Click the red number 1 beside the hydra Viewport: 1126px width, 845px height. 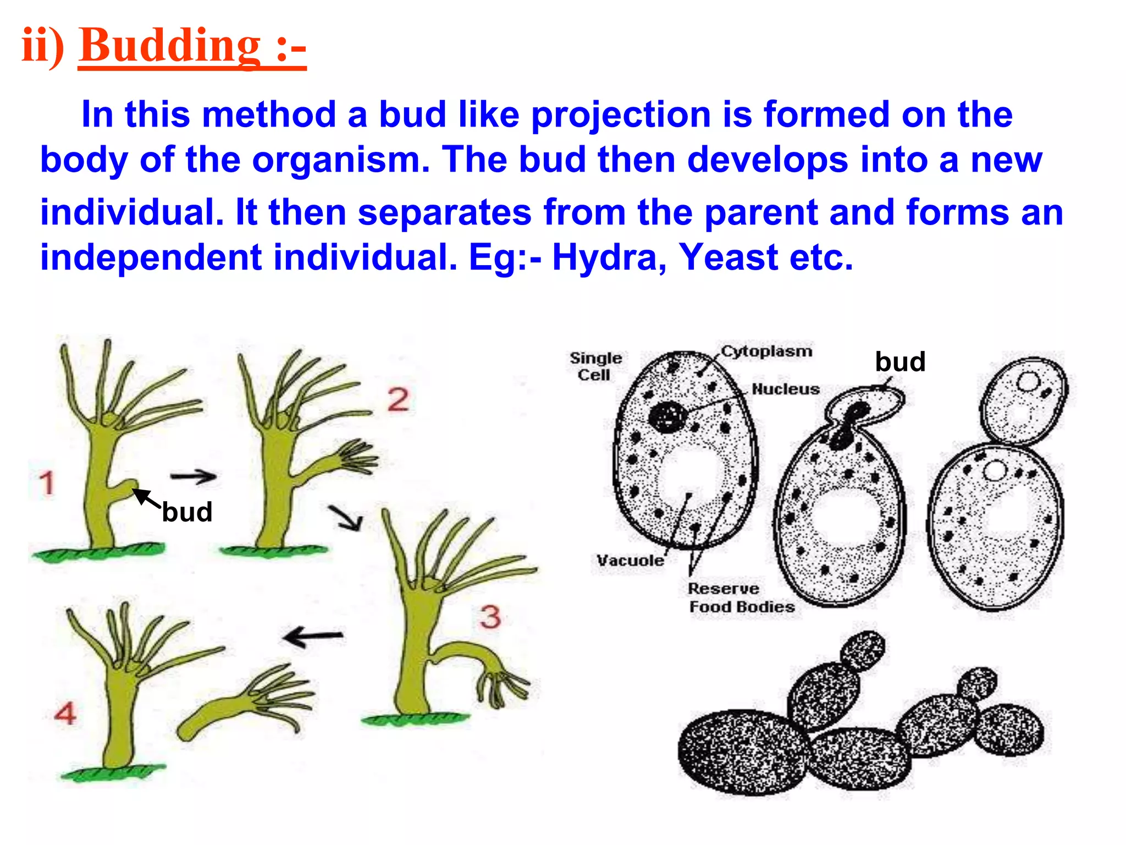point(47,483)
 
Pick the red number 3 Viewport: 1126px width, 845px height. point(490,617)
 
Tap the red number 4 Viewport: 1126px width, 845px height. point(65,714)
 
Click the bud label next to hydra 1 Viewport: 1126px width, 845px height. point(187,512)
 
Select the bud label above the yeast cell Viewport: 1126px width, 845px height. point(900,362)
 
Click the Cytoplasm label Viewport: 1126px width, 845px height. point(766,351)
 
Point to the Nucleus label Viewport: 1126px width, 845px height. point(786,389)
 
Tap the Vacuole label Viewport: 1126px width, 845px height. point(631,561)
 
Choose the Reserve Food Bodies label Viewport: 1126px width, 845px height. point(741,597)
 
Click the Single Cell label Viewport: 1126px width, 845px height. point(595,366)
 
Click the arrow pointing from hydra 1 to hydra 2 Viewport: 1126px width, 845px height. point(193,476)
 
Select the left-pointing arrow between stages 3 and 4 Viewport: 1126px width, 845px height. point(313,637)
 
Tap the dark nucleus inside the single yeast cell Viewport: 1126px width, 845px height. point(667,416)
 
